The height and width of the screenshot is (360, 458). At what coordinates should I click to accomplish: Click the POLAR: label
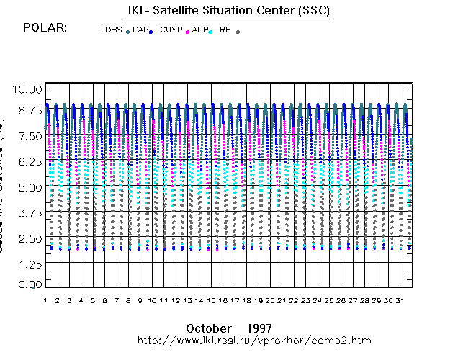(x=46, y=28)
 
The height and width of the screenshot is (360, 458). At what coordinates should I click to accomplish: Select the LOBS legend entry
(x=112, y=30)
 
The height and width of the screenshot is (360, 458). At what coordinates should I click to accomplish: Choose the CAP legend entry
(x=140, y=30)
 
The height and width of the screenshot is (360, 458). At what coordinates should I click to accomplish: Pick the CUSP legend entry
(x=171, y=30)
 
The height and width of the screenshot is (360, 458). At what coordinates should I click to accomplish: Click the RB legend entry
(x=226, y=30)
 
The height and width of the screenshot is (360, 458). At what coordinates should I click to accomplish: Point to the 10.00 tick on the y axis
(x=30, y=89)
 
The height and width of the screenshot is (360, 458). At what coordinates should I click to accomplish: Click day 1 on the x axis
(x=45, y=300)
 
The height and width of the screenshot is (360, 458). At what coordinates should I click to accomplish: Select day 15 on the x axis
(x=212, y=300)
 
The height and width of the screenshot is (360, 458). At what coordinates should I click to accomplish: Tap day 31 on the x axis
(x=400, y=300)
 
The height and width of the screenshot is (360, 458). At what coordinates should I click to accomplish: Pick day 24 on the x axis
(x=318, y=300)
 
